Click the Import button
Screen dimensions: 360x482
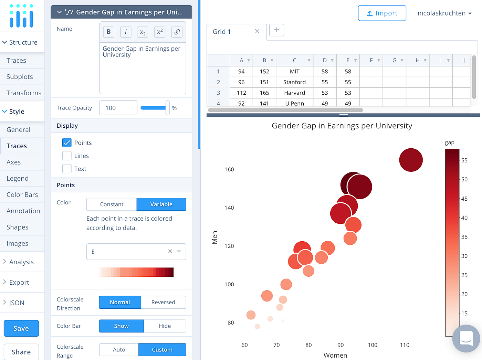(x=382, y=13)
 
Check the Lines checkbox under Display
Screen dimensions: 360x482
(x=67, y=156)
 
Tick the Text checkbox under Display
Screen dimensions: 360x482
(x=67, y=169)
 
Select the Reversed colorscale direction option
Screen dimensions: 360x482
(x=163, y=302)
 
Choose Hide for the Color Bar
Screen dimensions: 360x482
(x=165, y=326)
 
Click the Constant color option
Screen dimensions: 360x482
(x=112, y=204)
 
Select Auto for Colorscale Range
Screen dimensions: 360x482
(x=119, y=350)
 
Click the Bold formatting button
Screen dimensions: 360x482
(x=108, y=32)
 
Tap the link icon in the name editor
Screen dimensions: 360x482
(x=177, y=32)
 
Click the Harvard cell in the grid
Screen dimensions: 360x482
(x=294, y=93)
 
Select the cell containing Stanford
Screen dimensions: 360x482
(x=294, y=82)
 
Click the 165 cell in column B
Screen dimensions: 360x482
(x=264, y=93)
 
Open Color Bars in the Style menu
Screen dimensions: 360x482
(x=22, y=195)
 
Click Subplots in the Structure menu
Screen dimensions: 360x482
(x=20, y=77)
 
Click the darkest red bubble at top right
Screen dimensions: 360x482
(x=411, y=160)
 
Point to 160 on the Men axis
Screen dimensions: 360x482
(x=229, y=170)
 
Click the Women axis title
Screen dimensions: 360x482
(x=335, y=355)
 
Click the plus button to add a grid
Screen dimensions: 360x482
(x=276, y=30)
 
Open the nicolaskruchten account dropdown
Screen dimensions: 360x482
(x=444, y=13)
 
